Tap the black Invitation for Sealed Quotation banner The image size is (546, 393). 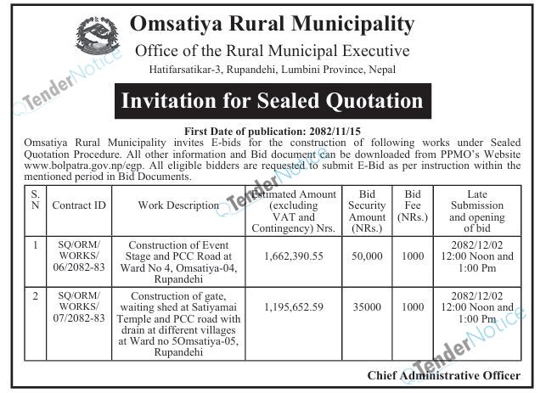(x=272, y=103)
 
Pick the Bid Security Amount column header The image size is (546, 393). (x=368, y=205)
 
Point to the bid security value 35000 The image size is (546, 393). (x=368, y=306)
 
